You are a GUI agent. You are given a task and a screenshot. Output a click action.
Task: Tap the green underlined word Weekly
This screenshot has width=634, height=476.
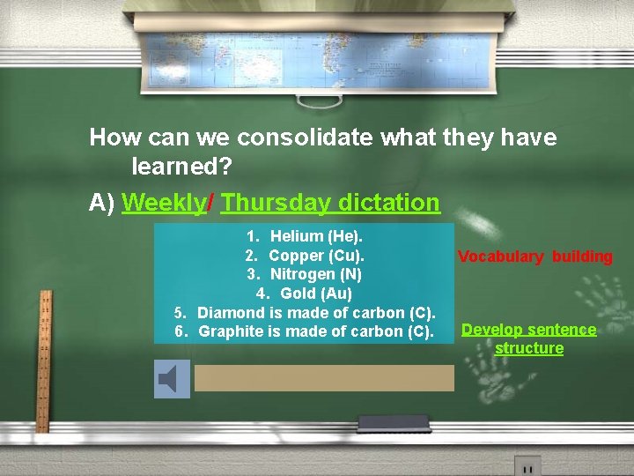[163, 203]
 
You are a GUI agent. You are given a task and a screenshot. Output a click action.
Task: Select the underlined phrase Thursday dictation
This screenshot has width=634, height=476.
[330, 203]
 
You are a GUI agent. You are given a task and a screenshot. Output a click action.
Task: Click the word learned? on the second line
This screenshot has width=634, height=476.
[181, 165]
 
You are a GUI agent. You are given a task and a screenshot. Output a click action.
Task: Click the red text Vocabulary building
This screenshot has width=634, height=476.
[534, 257]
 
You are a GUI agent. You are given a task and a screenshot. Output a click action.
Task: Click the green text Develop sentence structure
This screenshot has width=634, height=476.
[529, 338]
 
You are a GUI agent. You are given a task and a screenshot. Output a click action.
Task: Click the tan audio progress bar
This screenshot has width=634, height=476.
[324, 378]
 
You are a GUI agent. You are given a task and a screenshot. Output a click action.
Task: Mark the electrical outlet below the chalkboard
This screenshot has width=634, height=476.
[527, 465]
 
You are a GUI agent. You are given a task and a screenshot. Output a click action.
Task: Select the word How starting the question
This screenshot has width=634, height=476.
[110, 138]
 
